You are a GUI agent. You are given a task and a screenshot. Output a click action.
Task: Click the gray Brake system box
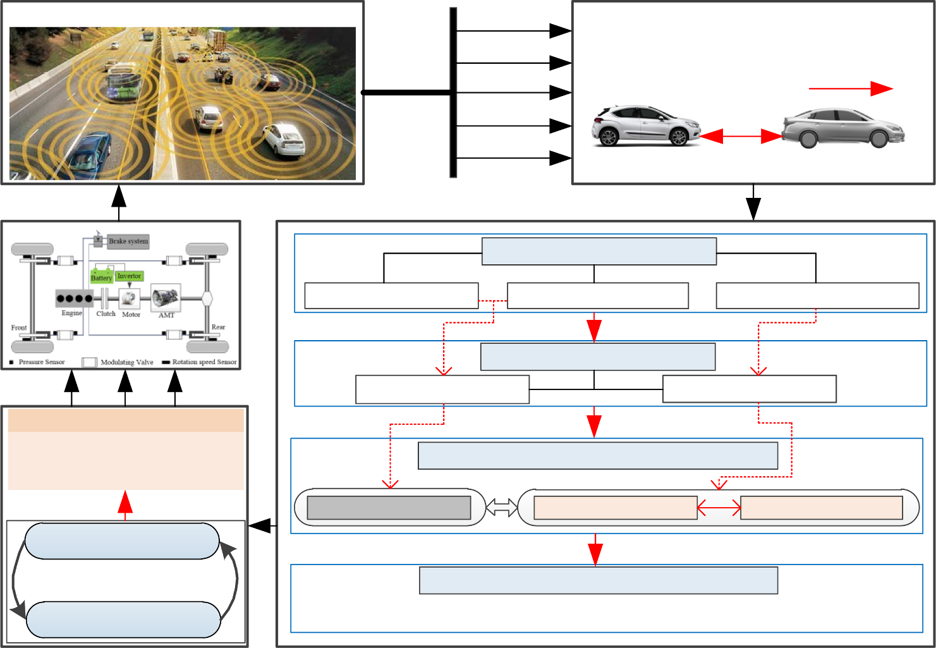128,241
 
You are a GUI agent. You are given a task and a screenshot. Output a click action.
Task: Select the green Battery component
101,276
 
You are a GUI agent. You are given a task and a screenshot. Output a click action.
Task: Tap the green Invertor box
130,276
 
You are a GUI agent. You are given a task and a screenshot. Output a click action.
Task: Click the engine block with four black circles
75,298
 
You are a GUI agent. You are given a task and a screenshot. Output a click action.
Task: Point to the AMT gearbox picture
166,297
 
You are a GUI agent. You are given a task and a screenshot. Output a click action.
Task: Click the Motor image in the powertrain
130,299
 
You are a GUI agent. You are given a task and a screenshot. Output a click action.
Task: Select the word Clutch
106,314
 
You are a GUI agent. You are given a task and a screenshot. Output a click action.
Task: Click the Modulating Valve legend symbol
89,362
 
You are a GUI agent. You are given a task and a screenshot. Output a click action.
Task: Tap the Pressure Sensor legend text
42,362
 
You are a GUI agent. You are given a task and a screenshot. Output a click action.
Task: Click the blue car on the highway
90,152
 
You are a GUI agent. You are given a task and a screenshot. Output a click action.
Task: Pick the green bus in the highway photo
123,82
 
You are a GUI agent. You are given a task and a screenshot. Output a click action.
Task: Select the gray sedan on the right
843,128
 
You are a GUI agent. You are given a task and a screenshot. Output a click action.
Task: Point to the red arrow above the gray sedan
851,89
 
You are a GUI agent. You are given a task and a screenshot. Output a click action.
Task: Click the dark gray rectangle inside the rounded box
389,508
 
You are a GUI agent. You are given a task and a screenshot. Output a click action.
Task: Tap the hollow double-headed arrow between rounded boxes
502,508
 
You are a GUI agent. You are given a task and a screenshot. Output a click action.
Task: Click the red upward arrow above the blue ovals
125,504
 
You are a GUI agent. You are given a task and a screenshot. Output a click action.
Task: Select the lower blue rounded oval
123,620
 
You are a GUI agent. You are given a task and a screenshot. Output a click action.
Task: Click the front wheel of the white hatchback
679,137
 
